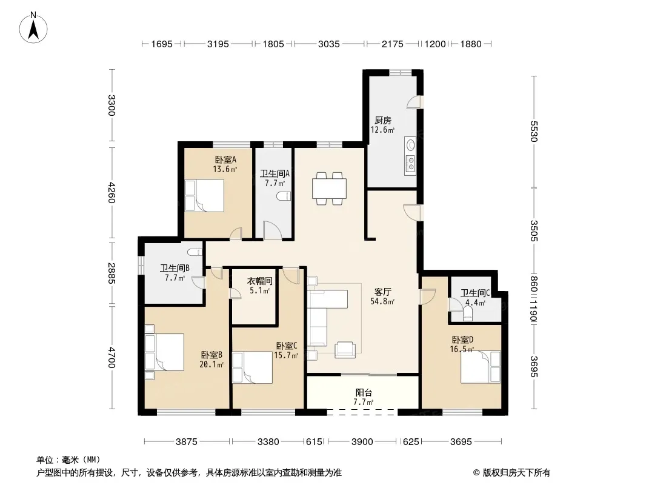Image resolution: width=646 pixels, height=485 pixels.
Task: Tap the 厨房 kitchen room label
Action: point(383,120)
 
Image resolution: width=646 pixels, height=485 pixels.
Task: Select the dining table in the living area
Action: point(329,189)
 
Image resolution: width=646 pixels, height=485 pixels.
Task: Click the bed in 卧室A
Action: point(205,196)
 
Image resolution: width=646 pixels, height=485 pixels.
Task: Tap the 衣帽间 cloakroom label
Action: point(259,281)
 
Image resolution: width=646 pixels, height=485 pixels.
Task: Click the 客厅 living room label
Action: point(383,292)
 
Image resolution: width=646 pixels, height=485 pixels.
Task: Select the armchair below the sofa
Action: point(345,350)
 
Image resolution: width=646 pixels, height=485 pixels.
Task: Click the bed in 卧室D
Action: point(481,367)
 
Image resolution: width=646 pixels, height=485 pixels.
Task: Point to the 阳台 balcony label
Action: point(364,393)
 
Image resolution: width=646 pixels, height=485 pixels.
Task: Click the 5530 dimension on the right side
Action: point(534,131)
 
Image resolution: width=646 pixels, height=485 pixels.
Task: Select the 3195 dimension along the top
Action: point(218,44)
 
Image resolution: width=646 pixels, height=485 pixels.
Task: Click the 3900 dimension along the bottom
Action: point(362,442)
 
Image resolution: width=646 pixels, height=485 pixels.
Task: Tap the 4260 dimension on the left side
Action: point(112,192)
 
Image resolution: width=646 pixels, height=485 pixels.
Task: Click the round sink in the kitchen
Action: point(411,145)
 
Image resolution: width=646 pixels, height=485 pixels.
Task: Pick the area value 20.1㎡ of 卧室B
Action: point(211,364)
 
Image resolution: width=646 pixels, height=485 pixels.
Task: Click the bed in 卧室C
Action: point(253,367)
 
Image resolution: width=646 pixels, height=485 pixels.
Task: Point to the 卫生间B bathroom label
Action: point(175,268)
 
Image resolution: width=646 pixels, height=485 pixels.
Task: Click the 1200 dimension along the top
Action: point(435,44)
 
